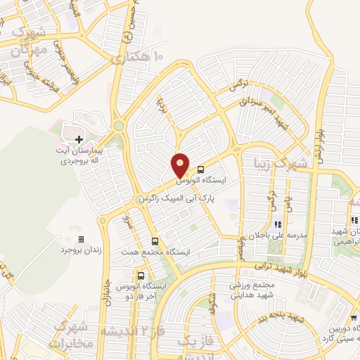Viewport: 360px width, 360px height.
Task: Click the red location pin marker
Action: (181, 166)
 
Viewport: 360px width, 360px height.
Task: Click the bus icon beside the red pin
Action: (201, 169)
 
